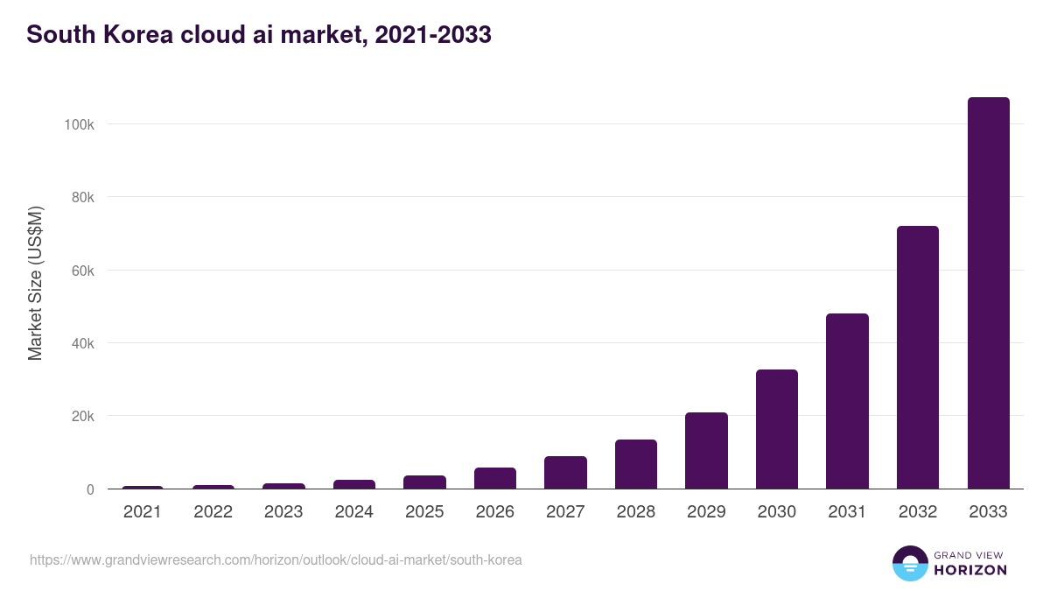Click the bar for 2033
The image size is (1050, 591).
click(x=988, y=293)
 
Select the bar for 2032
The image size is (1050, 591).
click(x=917, y=357)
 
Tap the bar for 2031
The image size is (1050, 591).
click(x=847, y=401)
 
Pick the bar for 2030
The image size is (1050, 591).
click(x=776, y=429)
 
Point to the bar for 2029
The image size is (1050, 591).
click(x=706, y=451)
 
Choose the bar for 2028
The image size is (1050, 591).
click(x=635, y=464)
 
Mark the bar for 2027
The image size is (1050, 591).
click(x=565, y=473)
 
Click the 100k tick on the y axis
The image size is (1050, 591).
click(x=79, y=124)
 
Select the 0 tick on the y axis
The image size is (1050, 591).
click(x=90, y=489)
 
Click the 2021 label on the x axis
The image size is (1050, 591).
click(x=143, y=512)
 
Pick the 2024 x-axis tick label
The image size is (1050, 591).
click(x=353, y=512)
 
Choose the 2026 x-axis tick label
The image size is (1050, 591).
click(x=494, y=512)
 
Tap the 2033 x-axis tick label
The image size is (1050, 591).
click(x=988, y=512)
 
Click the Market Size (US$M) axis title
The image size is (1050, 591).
click(x=35, y=283)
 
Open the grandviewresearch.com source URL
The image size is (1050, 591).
click(x=276, y=559)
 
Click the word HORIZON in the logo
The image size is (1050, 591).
click(x=970, y=570)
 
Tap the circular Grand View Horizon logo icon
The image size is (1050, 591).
click(x=910, y=563)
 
